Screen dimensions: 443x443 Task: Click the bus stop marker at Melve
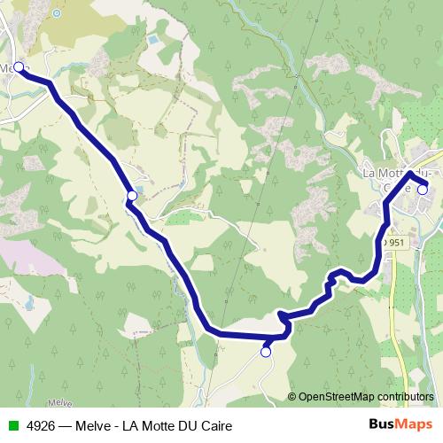click(x=19, y=66)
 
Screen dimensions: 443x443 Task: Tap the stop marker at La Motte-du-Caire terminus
click(x=423, y=188)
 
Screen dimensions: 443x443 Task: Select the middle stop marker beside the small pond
click(x=132, y=195)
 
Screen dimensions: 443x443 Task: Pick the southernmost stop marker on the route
click(x=265, y=353)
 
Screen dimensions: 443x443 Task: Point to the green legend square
click(x=12, y=426)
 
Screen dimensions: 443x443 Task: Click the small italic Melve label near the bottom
click(x=58, y=402)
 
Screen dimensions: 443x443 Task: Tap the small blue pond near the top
click(x=152, y=42)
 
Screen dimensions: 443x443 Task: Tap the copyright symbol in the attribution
click(x=292, y=397)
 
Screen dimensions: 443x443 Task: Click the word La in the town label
click(x=372, y=173)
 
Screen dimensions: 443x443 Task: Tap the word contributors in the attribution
click(x=405, y=397)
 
